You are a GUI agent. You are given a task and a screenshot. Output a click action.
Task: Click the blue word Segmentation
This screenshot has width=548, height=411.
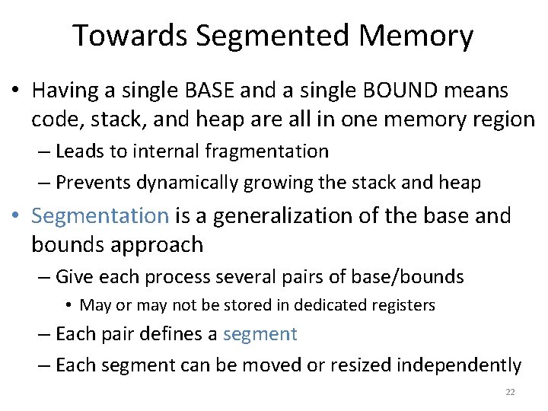(100, 216)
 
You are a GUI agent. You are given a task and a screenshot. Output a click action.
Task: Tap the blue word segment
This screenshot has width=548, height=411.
(261, 334)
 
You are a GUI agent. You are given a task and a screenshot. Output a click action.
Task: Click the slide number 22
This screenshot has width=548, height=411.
(510, 393)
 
